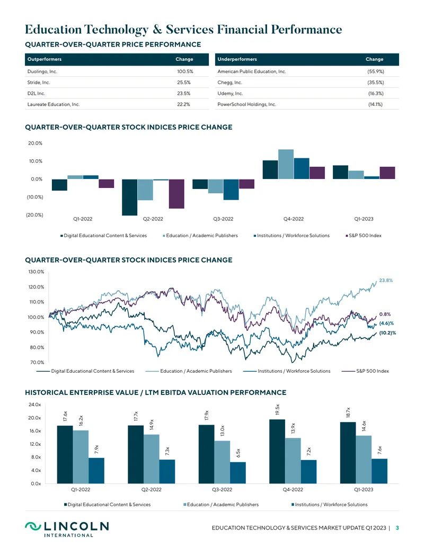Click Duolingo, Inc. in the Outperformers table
point(42,71)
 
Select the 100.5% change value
point(185,71)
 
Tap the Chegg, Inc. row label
point(229,83)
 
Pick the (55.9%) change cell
point(376,71)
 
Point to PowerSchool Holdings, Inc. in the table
point(246,104)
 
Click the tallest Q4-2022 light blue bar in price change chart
point(286,164)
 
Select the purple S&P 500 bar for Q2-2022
point(176,194)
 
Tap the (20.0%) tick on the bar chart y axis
point(34,214)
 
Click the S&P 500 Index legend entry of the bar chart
point(364,236)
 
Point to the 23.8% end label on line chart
point(386,280)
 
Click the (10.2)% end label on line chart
point(387,333)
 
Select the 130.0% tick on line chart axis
point(37,272)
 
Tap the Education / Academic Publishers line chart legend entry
point(189,371)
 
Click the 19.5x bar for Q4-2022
point(277,452)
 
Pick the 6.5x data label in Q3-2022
point(238,453)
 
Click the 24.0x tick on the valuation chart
point(34,405)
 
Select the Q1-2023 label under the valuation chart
point(364,489)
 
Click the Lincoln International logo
point(67,529)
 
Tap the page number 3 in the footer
point(397,528)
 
